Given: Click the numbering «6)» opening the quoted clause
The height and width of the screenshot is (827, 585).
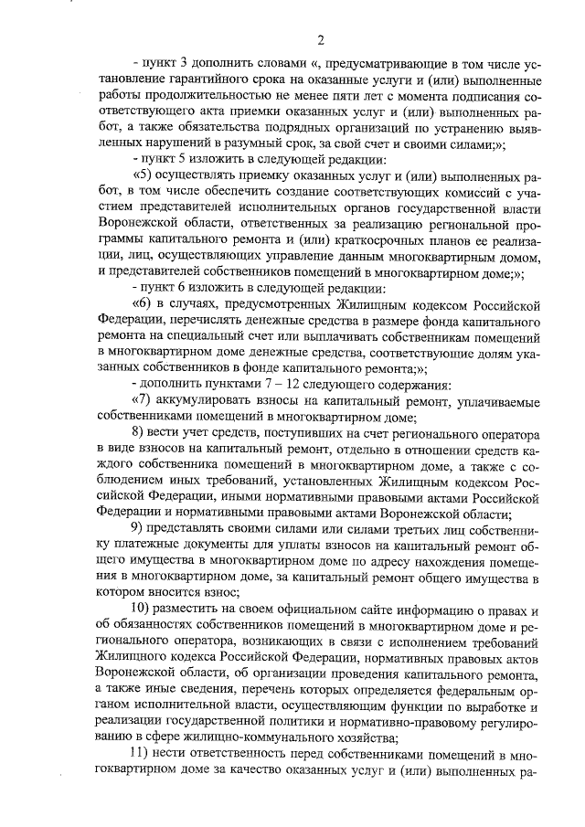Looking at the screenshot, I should (x=145, y=308).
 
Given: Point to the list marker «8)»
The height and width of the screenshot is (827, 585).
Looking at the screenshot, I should (x=140, y=440).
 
